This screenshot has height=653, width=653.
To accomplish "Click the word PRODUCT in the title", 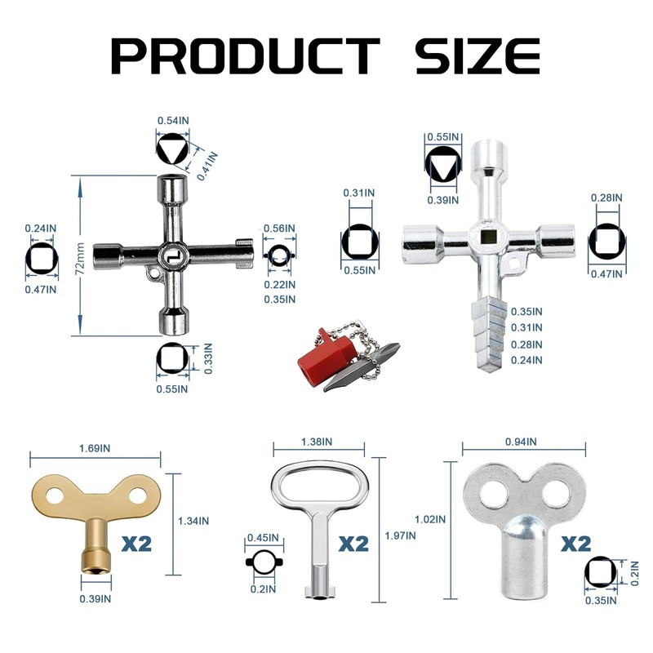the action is tap(246, 56).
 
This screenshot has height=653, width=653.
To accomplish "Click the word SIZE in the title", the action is tap(478, 56).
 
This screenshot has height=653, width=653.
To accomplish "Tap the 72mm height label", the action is tap(80, 259).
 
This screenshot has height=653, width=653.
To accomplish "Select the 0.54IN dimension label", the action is tap(173, 121).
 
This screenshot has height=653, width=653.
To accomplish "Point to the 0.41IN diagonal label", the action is tap(207, 167).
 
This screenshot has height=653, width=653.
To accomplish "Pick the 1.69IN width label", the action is tap(95, 448).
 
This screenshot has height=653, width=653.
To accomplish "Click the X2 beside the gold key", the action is tap(136, 544).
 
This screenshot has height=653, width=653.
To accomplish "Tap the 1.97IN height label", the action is tap(400, 535).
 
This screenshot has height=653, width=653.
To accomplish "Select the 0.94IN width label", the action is tap(521, 442).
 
